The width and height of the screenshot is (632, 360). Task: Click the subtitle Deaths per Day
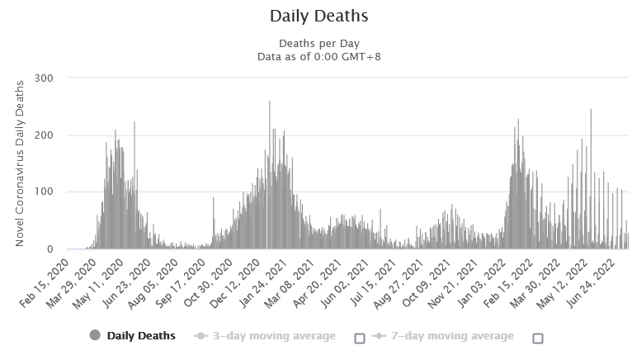(x=318, y=44)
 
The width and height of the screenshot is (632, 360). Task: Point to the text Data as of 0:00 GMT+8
(x=318, y=56)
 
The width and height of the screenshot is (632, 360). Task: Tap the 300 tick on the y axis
(x=52, y=78)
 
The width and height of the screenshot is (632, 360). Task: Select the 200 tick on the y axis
(x=52, y=135)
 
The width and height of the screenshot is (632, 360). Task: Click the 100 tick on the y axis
(x=52, y=192)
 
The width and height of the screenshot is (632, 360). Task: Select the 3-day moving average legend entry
(x=272, y=336)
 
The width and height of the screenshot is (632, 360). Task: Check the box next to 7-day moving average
(x=538, y=337)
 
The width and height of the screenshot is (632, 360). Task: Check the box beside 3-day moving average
(x=359, y=337)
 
